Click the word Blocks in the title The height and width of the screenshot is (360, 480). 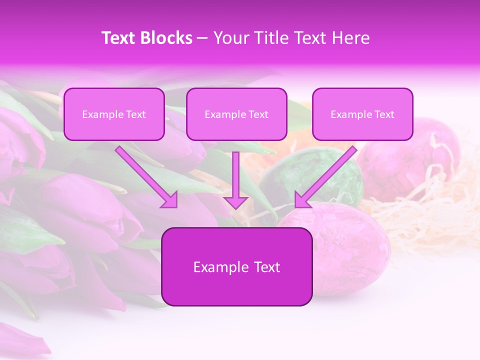167,38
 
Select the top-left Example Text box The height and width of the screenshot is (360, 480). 114,114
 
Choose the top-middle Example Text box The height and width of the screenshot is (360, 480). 236,114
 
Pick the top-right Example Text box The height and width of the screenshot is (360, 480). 362,114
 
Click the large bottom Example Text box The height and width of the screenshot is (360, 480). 236,266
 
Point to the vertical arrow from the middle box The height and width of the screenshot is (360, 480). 236,175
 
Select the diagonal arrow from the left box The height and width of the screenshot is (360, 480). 145,175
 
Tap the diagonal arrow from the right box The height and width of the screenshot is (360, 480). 327,175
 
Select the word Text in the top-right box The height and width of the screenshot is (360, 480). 384,114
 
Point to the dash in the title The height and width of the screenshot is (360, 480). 203,38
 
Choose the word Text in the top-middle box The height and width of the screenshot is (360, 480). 258,114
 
